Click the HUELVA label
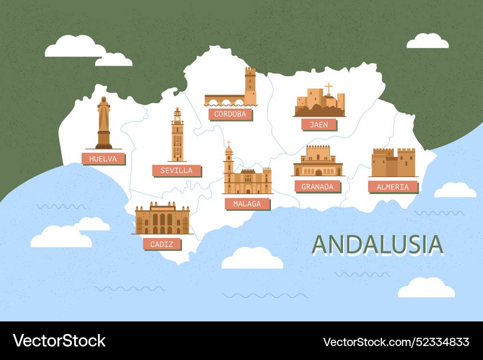click(x=103, y=158)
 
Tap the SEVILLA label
click(x=176, y=170)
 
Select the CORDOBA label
click(x=230, y=114)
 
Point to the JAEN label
click(x=318, y=125)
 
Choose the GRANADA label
click(x=317, y=186)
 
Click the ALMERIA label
click(x=392, y=187)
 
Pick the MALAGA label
click(x=247, y=204)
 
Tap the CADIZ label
click(x=161, y=244)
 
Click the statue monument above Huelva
click(x=103, y=123)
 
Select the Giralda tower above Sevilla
click(x=178, y=135)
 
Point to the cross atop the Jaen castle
click(x=328, y=88)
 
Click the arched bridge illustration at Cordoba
click(x=224, y=100)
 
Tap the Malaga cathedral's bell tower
click(x=228, y=166)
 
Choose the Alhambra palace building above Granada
click(x=318, y=162)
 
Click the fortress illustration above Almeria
click(x=393, y=163)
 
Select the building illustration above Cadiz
click(x=162, y=220)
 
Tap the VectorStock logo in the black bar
click(x=59, y=341)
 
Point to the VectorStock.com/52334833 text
click(x=396, y=342)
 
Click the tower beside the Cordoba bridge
click(x=250, y=85)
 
